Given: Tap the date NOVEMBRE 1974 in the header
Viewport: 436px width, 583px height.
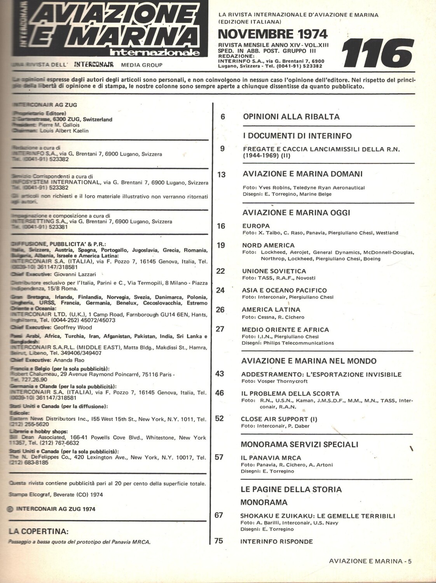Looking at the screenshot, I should click(x=268, y=33).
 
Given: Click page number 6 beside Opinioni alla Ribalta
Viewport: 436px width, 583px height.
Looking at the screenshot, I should click(x=223, y=116).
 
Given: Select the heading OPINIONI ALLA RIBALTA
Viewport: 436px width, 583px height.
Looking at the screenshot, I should click(x=291, y=117).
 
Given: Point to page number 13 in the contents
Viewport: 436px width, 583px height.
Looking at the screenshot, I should click(x=221, y=175).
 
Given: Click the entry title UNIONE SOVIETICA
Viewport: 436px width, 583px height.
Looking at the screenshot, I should click(x=274, y=271).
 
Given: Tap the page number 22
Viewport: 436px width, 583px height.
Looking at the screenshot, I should click(x=220, y=271).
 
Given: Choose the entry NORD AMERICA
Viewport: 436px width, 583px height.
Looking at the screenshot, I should click(x=268, y=245).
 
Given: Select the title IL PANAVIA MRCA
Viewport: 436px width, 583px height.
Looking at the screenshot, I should click(x=271, y=457).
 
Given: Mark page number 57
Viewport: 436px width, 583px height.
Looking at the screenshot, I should click(x=219, y=457).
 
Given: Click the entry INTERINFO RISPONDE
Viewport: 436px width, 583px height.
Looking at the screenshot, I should click(x=276, y=541).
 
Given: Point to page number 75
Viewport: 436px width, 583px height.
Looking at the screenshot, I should click(x=219, y=541).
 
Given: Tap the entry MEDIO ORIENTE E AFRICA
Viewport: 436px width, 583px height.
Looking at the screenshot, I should click(x=285, y=330).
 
